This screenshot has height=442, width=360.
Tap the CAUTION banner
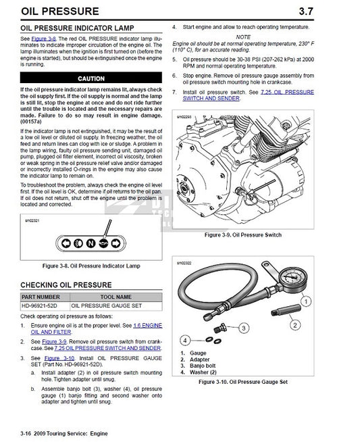pos(91,78)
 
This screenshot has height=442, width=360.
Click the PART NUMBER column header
pos(41,297)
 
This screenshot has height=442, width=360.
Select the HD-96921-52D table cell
pos(41,305)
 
